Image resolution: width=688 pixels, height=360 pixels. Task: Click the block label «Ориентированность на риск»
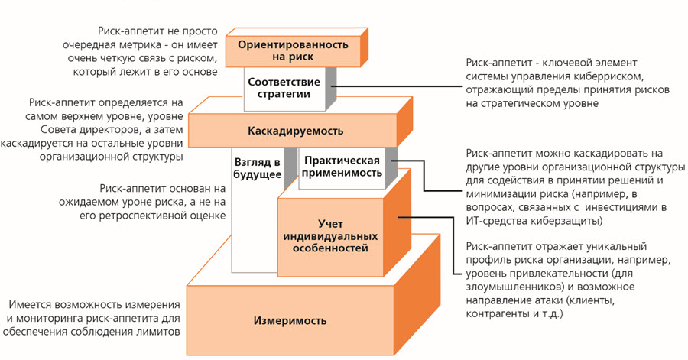coord(293,50)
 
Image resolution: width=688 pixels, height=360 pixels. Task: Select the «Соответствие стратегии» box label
coord(284,88)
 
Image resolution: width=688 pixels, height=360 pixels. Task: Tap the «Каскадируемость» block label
coord(295,131)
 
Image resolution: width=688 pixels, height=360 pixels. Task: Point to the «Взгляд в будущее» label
coord(258,168)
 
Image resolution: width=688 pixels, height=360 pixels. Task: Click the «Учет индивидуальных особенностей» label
coord(330,236)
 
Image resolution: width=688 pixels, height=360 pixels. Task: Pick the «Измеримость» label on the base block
coord(290,320)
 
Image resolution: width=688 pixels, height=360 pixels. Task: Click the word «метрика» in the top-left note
coord(141,45)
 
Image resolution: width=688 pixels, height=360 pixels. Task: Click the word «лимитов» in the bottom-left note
coord(161,332)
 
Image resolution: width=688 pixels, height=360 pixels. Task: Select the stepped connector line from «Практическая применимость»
coord(424,175)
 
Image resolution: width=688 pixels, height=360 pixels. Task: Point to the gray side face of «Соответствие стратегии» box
coord(331,88)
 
